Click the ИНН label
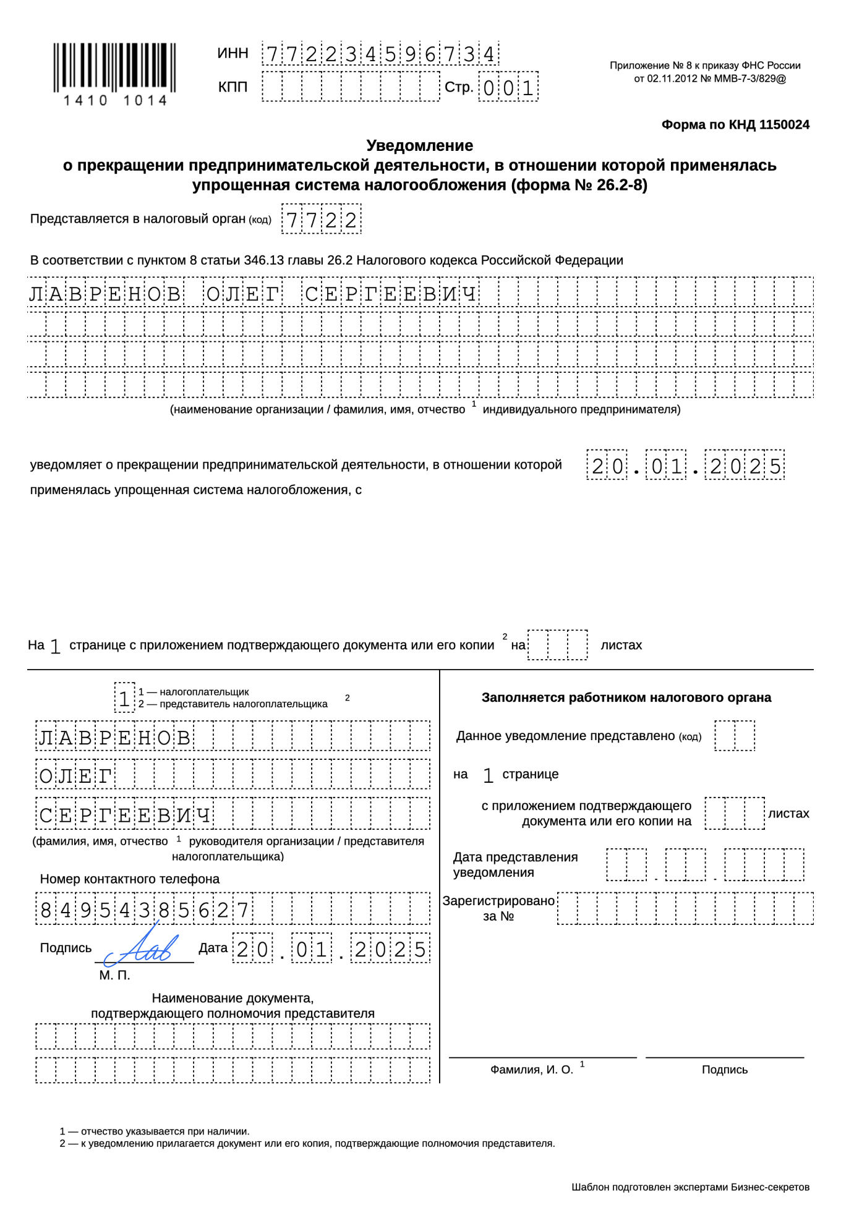coord(233,54)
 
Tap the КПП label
coord(233,87)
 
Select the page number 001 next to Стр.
coord(508,88)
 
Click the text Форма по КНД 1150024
coord(735,125)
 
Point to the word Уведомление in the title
coord(419,146)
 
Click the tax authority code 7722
coord(321,219)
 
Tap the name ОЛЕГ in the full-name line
coord(242,294)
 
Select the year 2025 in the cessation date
coord(745,466)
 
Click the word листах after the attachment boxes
coord(621,645)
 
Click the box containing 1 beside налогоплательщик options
coord(124,698)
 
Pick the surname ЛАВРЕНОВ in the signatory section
coord(115,737)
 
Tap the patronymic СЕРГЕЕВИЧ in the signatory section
coord(126,814)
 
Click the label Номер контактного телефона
coord(130,879)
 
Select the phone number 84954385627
coord(144,910)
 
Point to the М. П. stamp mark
coord(114,975)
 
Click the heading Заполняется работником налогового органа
coord(626,697)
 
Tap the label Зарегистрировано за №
coord(498,908)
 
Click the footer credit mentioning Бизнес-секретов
coord(690,1187)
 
